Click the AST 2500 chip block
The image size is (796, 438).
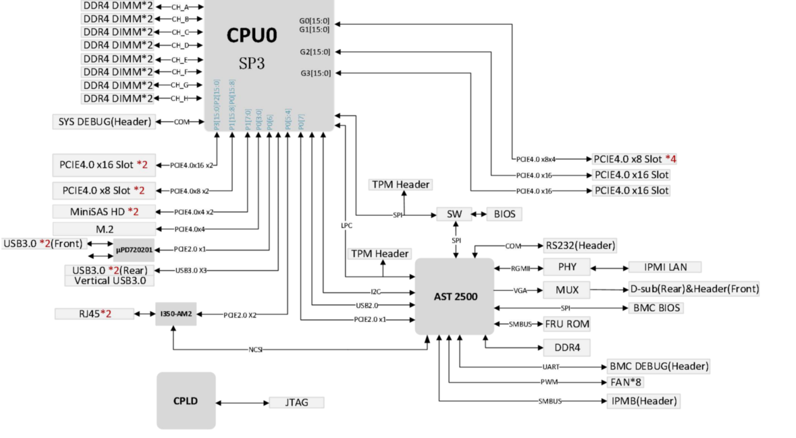(x=455, y=297)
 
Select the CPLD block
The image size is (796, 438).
(x=186, y=401)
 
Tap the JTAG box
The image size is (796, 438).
(x=296, y=402)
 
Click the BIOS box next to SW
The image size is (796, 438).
(x=504, y=214)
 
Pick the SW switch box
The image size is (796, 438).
(x=454, y=214)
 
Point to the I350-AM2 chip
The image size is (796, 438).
(x=176, y=314)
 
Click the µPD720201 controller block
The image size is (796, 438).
(x=134, y=250)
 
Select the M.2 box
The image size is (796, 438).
(x=104, y=229)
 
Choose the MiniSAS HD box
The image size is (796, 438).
(x=104, y=212)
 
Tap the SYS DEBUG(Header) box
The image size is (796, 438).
(x=104, y=122)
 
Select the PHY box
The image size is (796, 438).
(x=567, y=267)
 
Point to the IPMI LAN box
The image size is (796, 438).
(x=665, y=267)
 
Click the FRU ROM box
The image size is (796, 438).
(x=567, y=324)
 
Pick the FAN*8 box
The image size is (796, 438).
(x=625, y=382)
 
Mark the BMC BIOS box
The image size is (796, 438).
(x=656, y=308)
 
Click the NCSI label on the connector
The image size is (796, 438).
(x=255, y=350)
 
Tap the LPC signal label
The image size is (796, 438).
(x=346, y=226)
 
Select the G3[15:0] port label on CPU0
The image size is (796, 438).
(x=315, y=73)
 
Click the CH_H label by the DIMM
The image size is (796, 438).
(x=180, y=98)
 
